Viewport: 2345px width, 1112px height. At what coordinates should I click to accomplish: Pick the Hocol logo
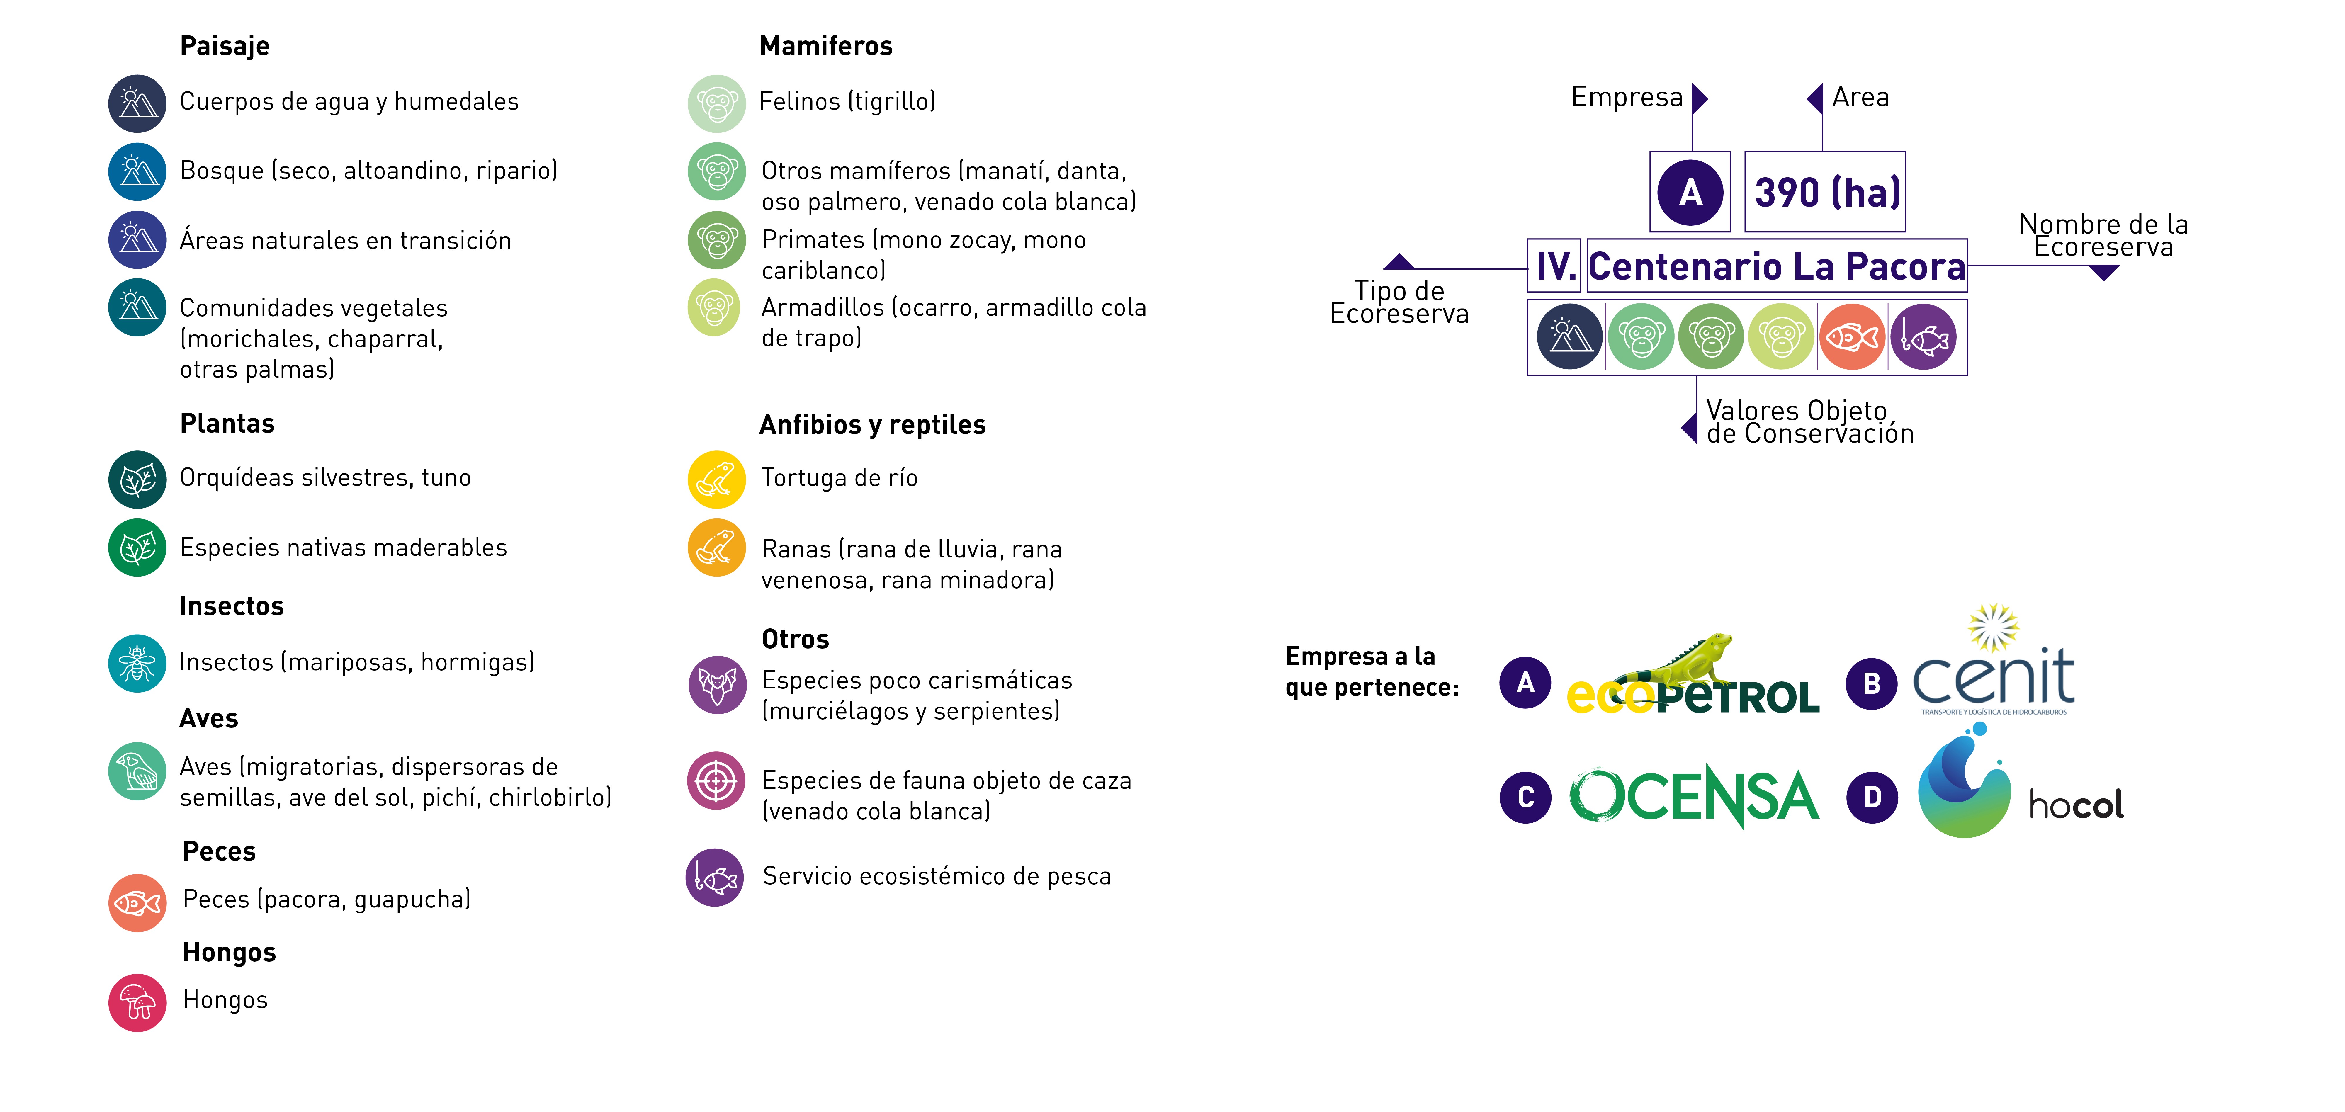click(2021, 784)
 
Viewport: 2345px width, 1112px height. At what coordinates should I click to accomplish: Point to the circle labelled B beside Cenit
click(1872, 683)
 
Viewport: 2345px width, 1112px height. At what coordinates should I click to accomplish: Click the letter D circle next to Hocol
click(1872, 797)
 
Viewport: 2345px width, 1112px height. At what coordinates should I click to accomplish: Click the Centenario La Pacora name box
click(1777, 266)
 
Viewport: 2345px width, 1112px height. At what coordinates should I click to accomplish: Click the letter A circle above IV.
click(1690, 192)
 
